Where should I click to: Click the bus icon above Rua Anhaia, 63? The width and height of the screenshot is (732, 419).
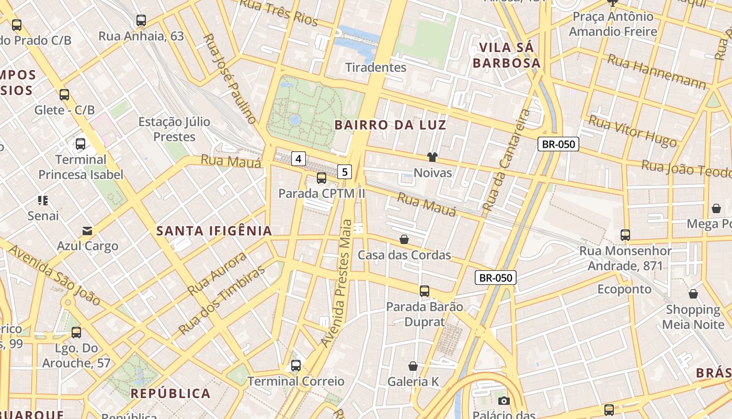tap(141, 20)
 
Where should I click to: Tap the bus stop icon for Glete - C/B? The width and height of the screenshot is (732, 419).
tap(64, 95)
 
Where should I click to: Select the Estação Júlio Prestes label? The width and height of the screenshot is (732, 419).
tap(174, 129)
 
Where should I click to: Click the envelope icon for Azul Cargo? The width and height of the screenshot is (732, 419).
tap(87, 230)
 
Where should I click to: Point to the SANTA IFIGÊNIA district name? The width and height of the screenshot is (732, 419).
tap(214, 231)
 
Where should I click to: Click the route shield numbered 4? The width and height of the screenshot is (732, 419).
tap(298, 158)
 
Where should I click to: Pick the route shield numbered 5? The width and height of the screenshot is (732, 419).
tap(345, 171)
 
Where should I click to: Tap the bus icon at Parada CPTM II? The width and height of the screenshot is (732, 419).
tap(322, 178)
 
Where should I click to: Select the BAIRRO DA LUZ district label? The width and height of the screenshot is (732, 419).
tap(391, 125)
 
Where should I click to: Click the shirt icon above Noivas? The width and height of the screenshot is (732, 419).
tap(432, 157)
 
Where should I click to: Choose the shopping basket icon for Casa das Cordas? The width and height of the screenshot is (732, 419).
tap(404, 240)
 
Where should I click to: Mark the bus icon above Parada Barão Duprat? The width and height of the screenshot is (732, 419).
tap(425, 291)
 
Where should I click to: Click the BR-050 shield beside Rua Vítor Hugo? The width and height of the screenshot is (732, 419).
tap(558, 144)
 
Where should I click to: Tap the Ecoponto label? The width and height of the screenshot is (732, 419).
tap(624, 289)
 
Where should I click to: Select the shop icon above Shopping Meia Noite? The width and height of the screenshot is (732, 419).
tap(693, 294)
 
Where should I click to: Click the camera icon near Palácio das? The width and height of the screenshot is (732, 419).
tap(504, 401)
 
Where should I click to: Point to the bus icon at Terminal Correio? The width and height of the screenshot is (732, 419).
tap(296, 366)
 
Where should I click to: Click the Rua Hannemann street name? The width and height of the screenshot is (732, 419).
tap(656, 72)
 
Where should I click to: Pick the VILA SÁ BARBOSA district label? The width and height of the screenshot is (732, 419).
tap(506, 56)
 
